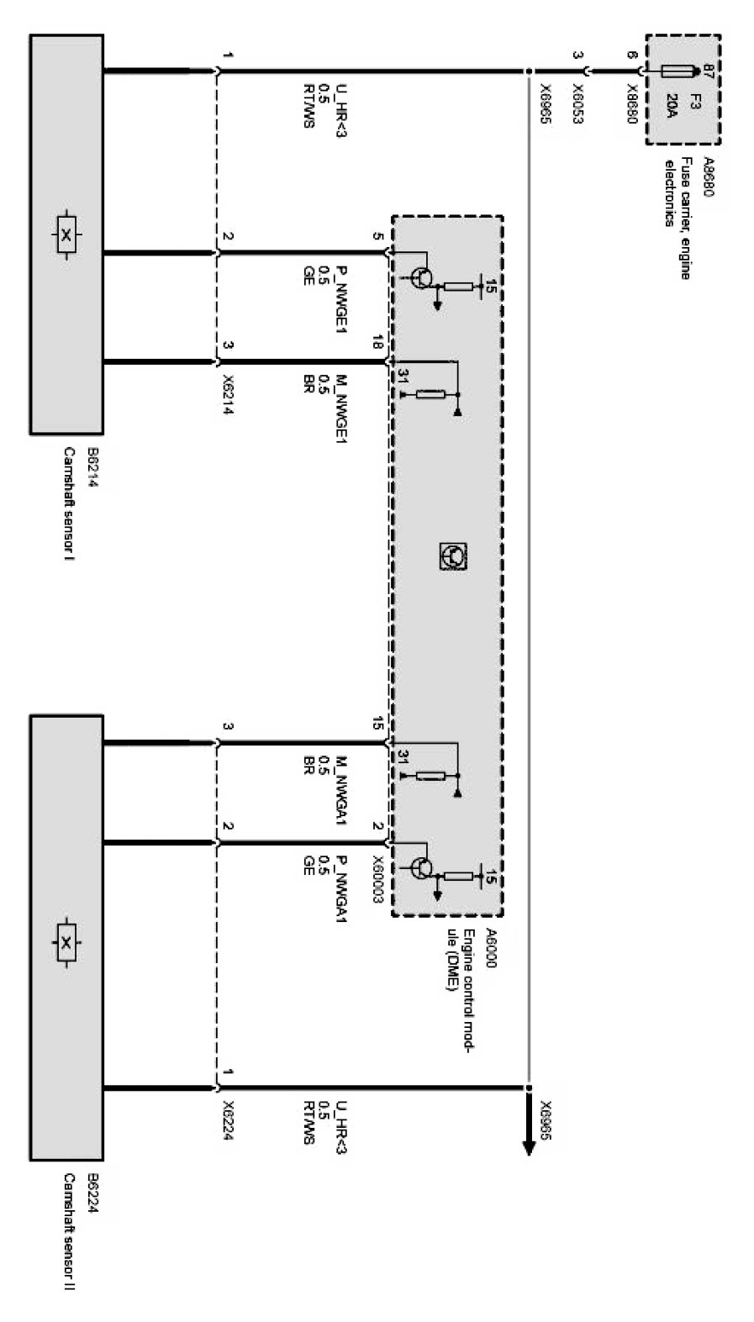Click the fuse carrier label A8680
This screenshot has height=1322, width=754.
coord(706,176)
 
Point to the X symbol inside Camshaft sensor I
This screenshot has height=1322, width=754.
coord(66,234)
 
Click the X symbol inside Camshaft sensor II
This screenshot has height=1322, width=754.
coord(66,941)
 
